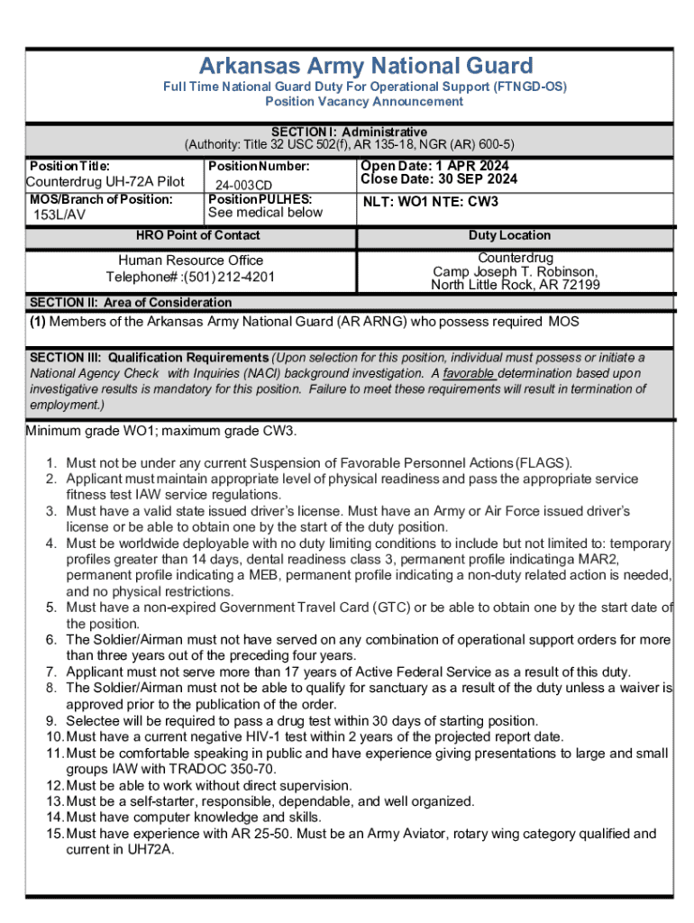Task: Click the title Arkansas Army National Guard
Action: pyautogui.click(x=365, y=66)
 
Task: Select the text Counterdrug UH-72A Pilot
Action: pyautogui.click(x=105, y=182)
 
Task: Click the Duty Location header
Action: pyautogui.click(x=509, y=235)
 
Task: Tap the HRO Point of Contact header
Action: pyautogui.click(x=197, y=235)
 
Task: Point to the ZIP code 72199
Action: pyautogui.click(x=580, y=285)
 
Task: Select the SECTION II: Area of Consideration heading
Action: pyautogui.click(x=131, y=303)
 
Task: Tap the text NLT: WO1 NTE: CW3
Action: pyautogui.click(x=430, y=202)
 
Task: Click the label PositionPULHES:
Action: pyautogui.click(x=260, y=199)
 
